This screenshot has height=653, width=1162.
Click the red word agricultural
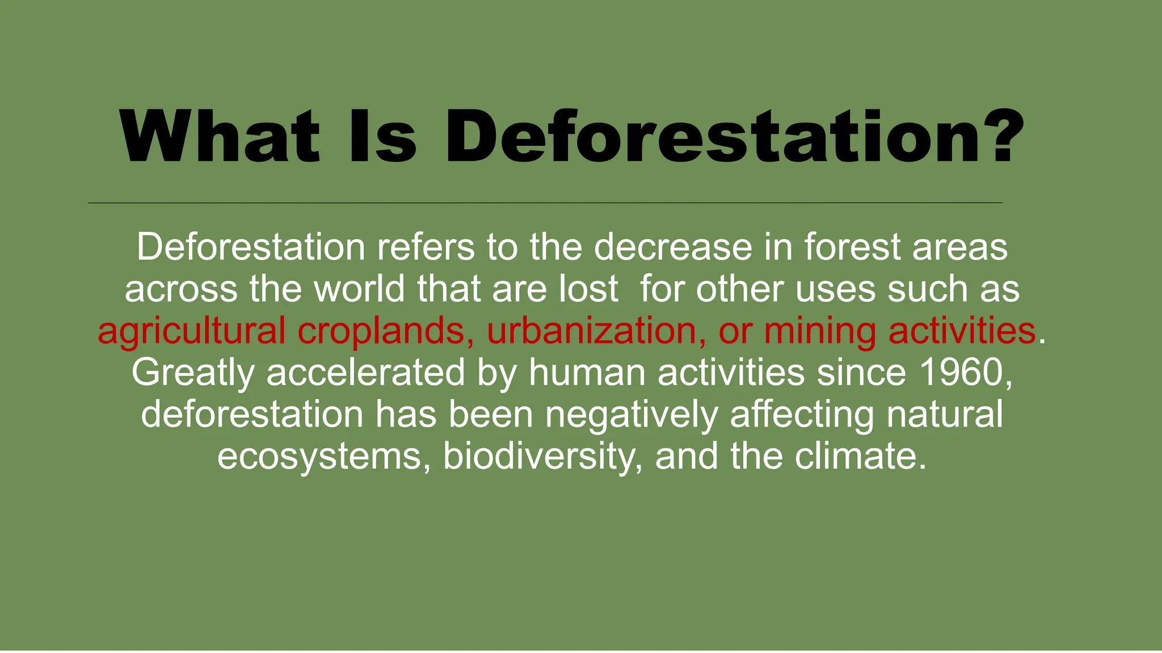(191, 331)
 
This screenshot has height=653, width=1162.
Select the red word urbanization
(591, 331)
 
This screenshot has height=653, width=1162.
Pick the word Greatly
(193, 374)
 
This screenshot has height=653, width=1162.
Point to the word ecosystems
(319, 456)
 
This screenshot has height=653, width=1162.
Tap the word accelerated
(365, 372)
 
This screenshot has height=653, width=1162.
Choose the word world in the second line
(360, 289)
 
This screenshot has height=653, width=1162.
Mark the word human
(587, 372)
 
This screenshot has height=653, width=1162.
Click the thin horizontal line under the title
(545, 202)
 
